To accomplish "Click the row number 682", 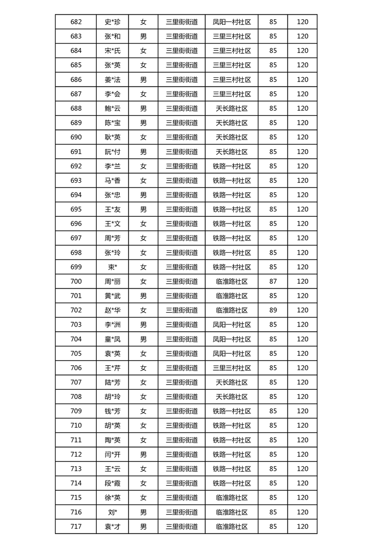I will point(76,22).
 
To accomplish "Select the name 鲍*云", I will point(113,108).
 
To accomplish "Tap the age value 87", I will point(273,281).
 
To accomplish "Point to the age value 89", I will point(273,310).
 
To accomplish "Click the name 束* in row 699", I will point(113,267).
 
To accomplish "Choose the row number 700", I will point(76,281).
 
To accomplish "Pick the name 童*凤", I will point(113,339).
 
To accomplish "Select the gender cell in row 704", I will point(143,339).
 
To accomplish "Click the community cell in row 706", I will point(232,368).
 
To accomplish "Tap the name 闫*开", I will point(113,454).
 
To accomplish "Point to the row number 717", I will point(76,526).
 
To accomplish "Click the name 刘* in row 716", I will point(113,512).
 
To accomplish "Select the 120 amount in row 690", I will point(302,137).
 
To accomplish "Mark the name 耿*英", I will point(113,137).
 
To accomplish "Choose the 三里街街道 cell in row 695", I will point(182,209).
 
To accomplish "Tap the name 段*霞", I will point(113,483).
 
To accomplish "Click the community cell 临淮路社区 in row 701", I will point(232,296).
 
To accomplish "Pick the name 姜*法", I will point(113,80).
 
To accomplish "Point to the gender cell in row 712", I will point(143,454).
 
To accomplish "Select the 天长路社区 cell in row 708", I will point(232,397).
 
